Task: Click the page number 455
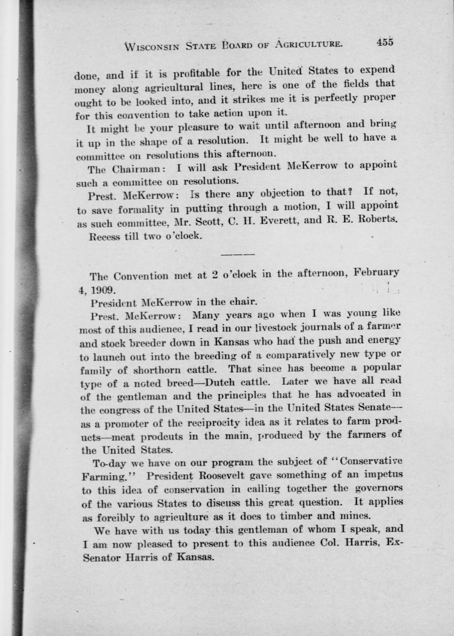point(385,42)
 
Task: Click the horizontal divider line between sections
point(238,254)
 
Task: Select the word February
point(376,272)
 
